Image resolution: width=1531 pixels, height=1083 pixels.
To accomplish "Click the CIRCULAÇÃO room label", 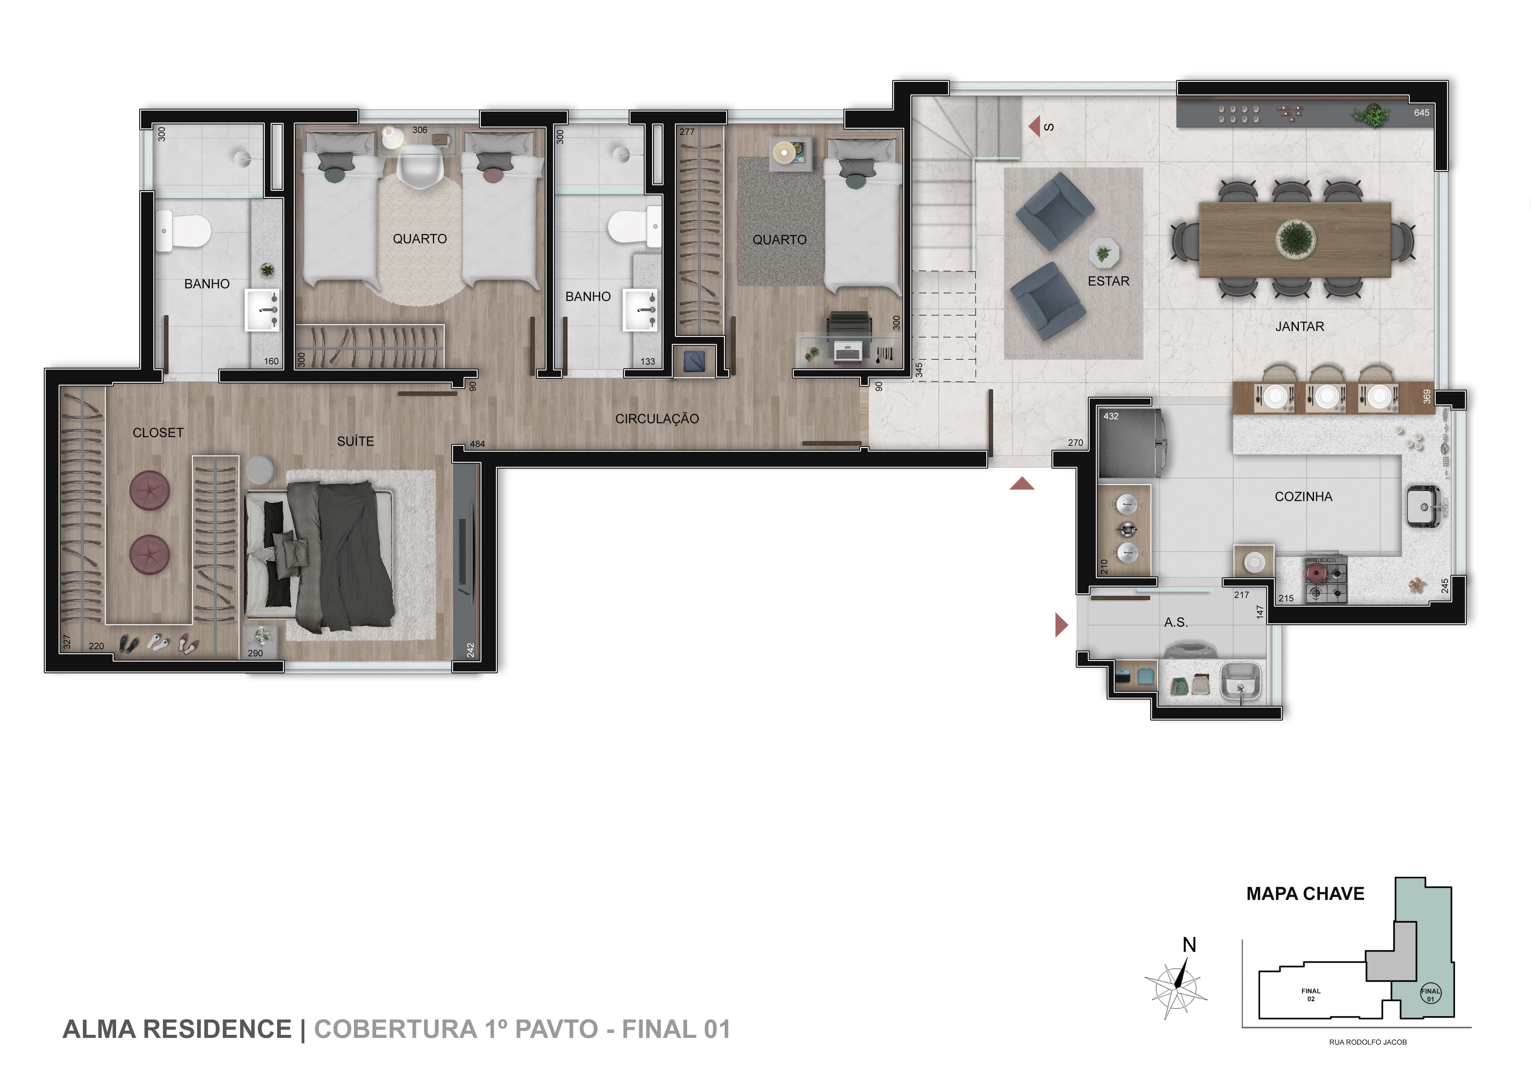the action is click(x=657, y=419).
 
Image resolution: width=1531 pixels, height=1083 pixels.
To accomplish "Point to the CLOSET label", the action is click(x=158, y=433).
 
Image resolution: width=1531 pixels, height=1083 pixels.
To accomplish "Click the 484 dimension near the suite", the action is click(x=477, y=443).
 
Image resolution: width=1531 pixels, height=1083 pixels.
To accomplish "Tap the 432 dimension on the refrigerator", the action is click(x=1111, y=416).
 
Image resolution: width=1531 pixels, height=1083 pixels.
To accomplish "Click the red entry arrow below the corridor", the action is click(x=1021, y=484).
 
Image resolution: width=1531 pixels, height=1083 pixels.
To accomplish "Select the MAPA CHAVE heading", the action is click(x=1305, y=894).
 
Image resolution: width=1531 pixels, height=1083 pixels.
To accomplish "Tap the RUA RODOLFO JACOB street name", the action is click(x=1368, y=1042).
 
